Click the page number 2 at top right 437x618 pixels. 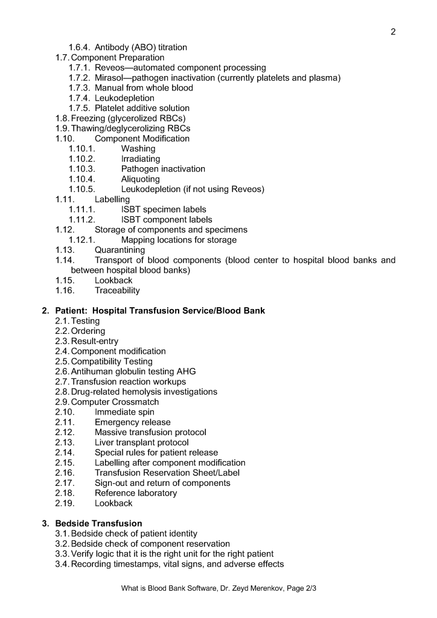[x=393, y=32]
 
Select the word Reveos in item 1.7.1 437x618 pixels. [x=110, y=68]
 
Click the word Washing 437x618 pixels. [x=138, y=148]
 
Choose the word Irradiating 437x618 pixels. [x=141, y=159]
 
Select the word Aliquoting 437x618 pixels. [x=141, y=179]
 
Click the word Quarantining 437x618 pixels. [x=120, y=250]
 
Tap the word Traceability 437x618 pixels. [x=117, y=290]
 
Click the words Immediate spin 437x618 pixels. [x=124, y=412]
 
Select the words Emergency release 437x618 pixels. [x=132, y=422]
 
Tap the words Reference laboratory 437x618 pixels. [x=136, y=493]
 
